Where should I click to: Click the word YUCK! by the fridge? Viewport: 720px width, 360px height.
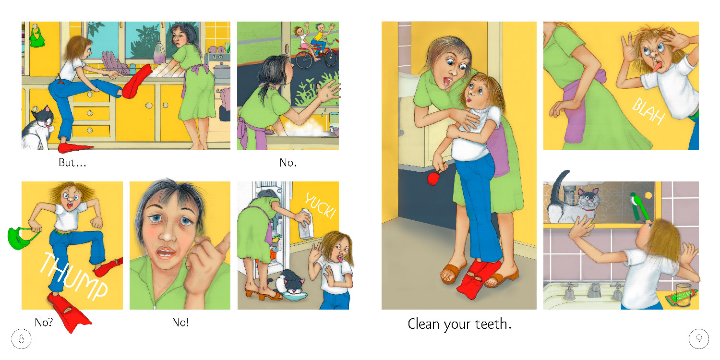click(320, 205)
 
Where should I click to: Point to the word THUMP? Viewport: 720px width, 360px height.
click(74, 277)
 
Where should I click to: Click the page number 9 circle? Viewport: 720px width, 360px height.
click(698, 339)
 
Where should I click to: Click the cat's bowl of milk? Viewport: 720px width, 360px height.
click(295, 296)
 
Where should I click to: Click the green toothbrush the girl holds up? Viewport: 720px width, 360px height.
click(640, 207)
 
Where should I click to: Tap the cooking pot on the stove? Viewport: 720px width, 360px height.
click(221, 71)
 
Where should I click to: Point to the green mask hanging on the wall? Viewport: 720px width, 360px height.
click(36, 36)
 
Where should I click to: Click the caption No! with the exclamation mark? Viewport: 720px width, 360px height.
click(180, 322)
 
